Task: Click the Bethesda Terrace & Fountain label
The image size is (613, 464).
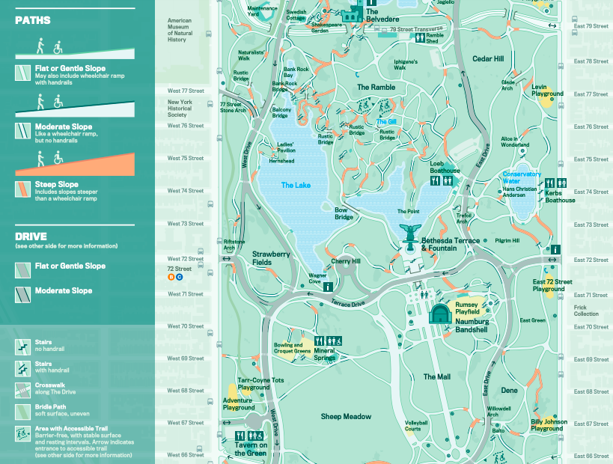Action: (x=450, y=244)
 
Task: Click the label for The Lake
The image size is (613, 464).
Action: (x=295, y=185)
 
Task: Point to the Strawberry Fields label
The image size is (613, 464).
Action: (x=271, y=257)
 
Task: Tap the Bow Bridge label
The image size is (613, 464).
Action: (x=343, y=213)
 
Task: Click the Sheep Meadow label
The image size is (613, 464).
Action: (x=346, y=416)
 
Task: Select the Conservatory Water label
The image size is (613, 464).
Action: (x=522, y=177)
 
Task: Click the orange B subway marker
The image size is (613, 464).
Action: (x=171, y=277)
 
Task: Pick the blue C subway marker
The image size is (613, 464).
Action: (x=180, y=277)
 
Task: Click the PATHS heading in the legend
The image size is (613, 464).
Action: (x=33, y=20)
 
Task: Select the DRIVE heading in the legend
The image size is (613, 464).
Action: (x=31, y=236)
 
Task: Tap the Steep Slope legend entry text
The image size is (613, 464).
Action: (x=57, y=184)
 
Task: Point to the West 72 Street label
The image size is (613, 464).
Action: (x=185, y=260)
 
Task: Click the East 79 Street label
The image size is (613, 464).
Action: (x=591, y=25)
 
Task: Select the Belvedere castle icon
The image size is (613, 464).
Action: (x=350, y=14)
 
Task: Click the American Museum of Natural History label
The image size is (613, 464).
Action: (x=180, y=30)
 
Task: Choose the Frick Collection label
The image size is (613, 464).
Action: (x=586, y=310)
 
